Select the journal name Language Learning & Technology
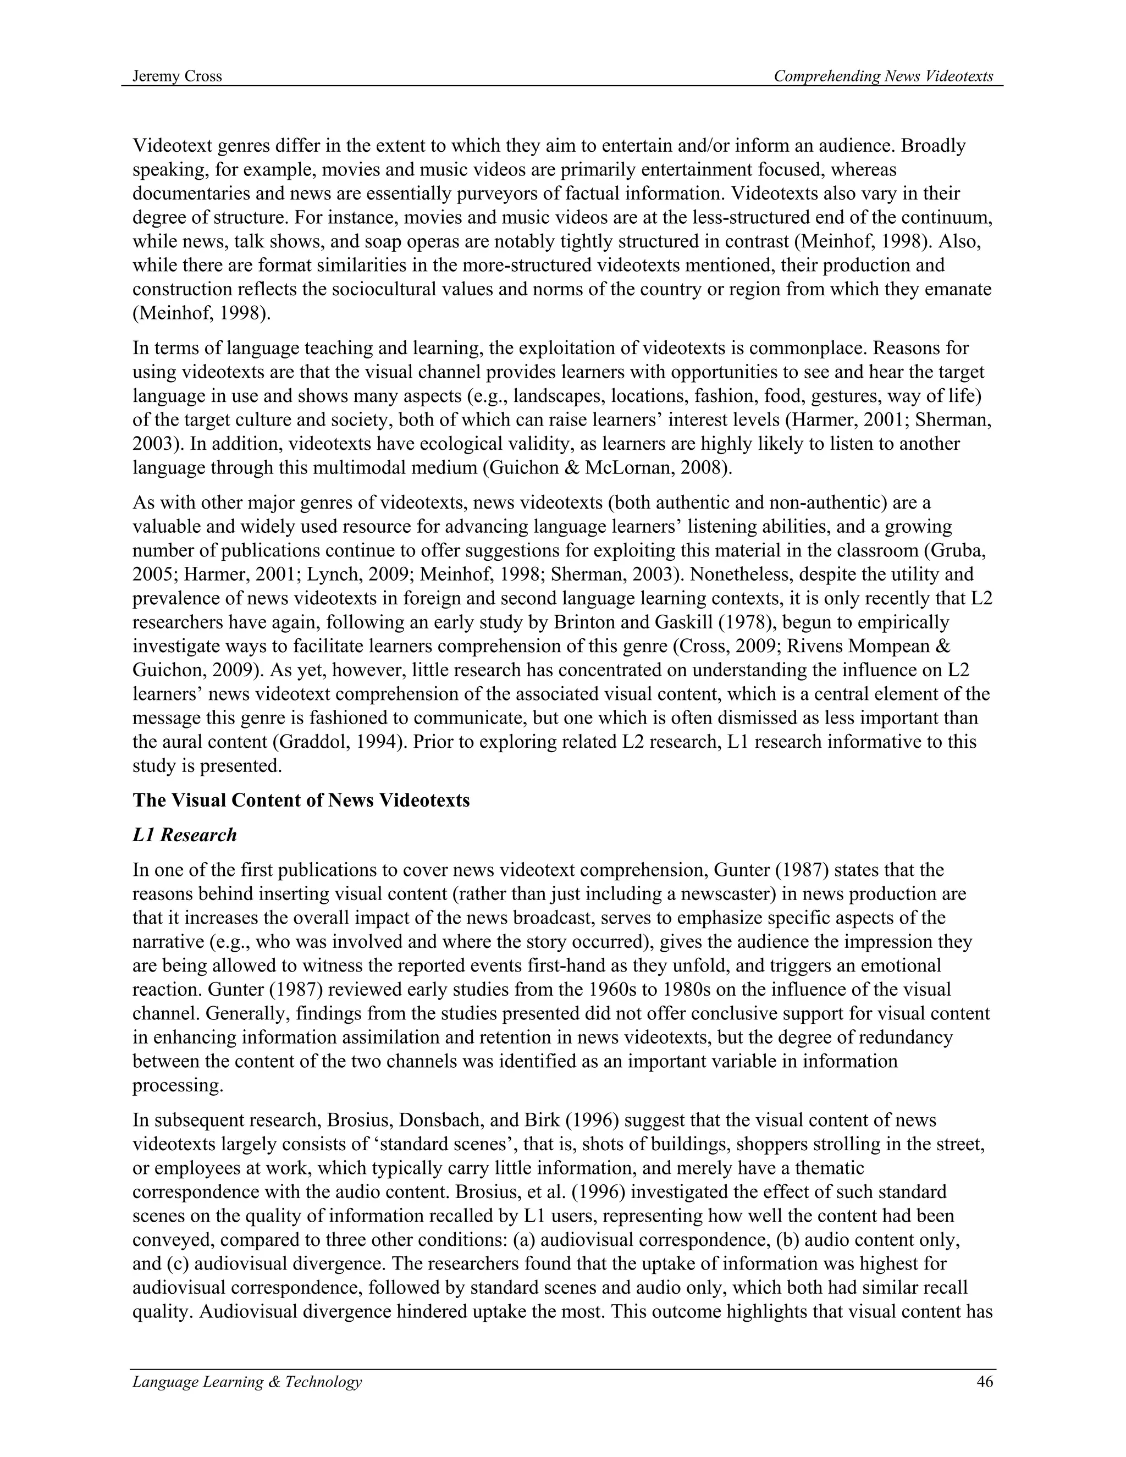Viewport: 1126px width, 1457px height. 247,1382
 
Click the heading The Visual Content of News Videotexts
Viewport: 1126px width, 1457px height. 301,801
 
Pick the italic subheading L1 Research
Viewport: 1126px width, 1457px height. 184,835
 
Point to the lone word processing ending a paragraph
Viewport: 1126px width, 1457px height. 178,1085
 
